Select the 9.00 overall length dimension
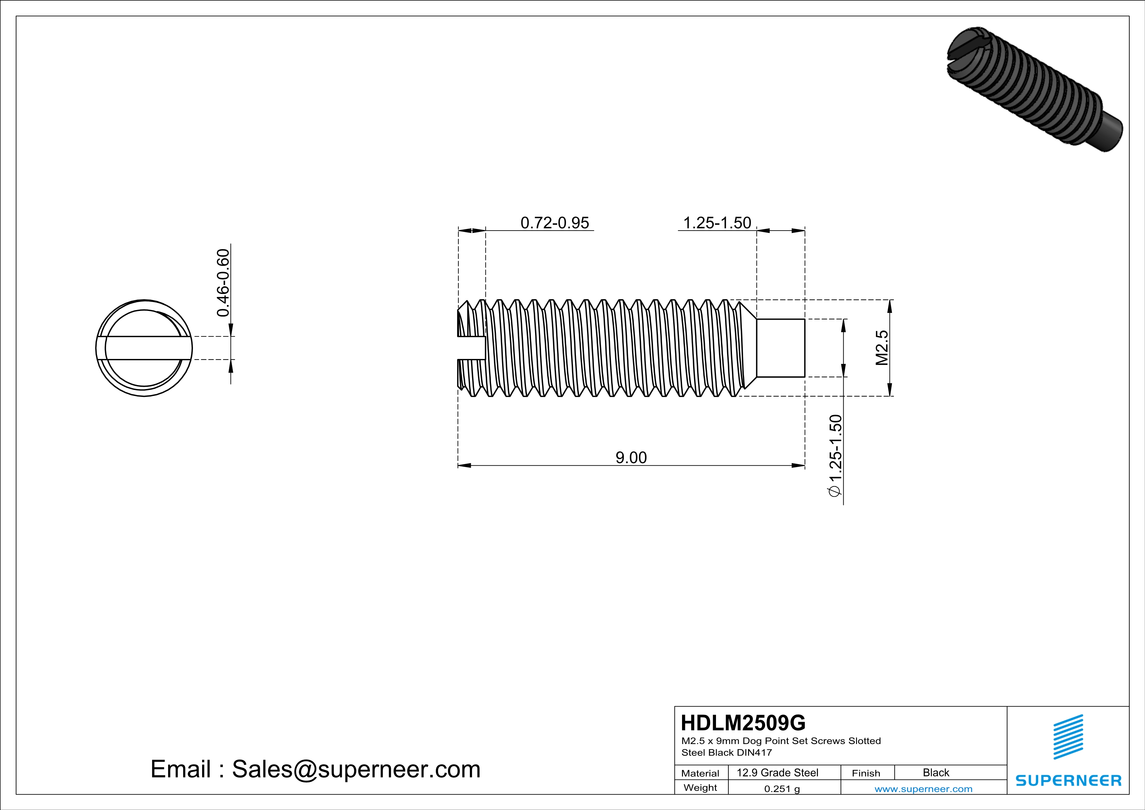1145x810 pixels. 631,457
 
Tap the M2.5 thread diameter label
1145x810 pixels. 882,348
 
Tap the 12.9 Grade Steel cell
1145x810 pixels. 777,772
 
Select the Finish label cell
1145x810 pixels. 866,773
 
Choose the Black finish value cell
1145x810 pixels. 935,772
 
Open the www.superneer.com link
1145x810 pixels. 923,788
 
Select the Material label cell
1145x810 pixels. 700,773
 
